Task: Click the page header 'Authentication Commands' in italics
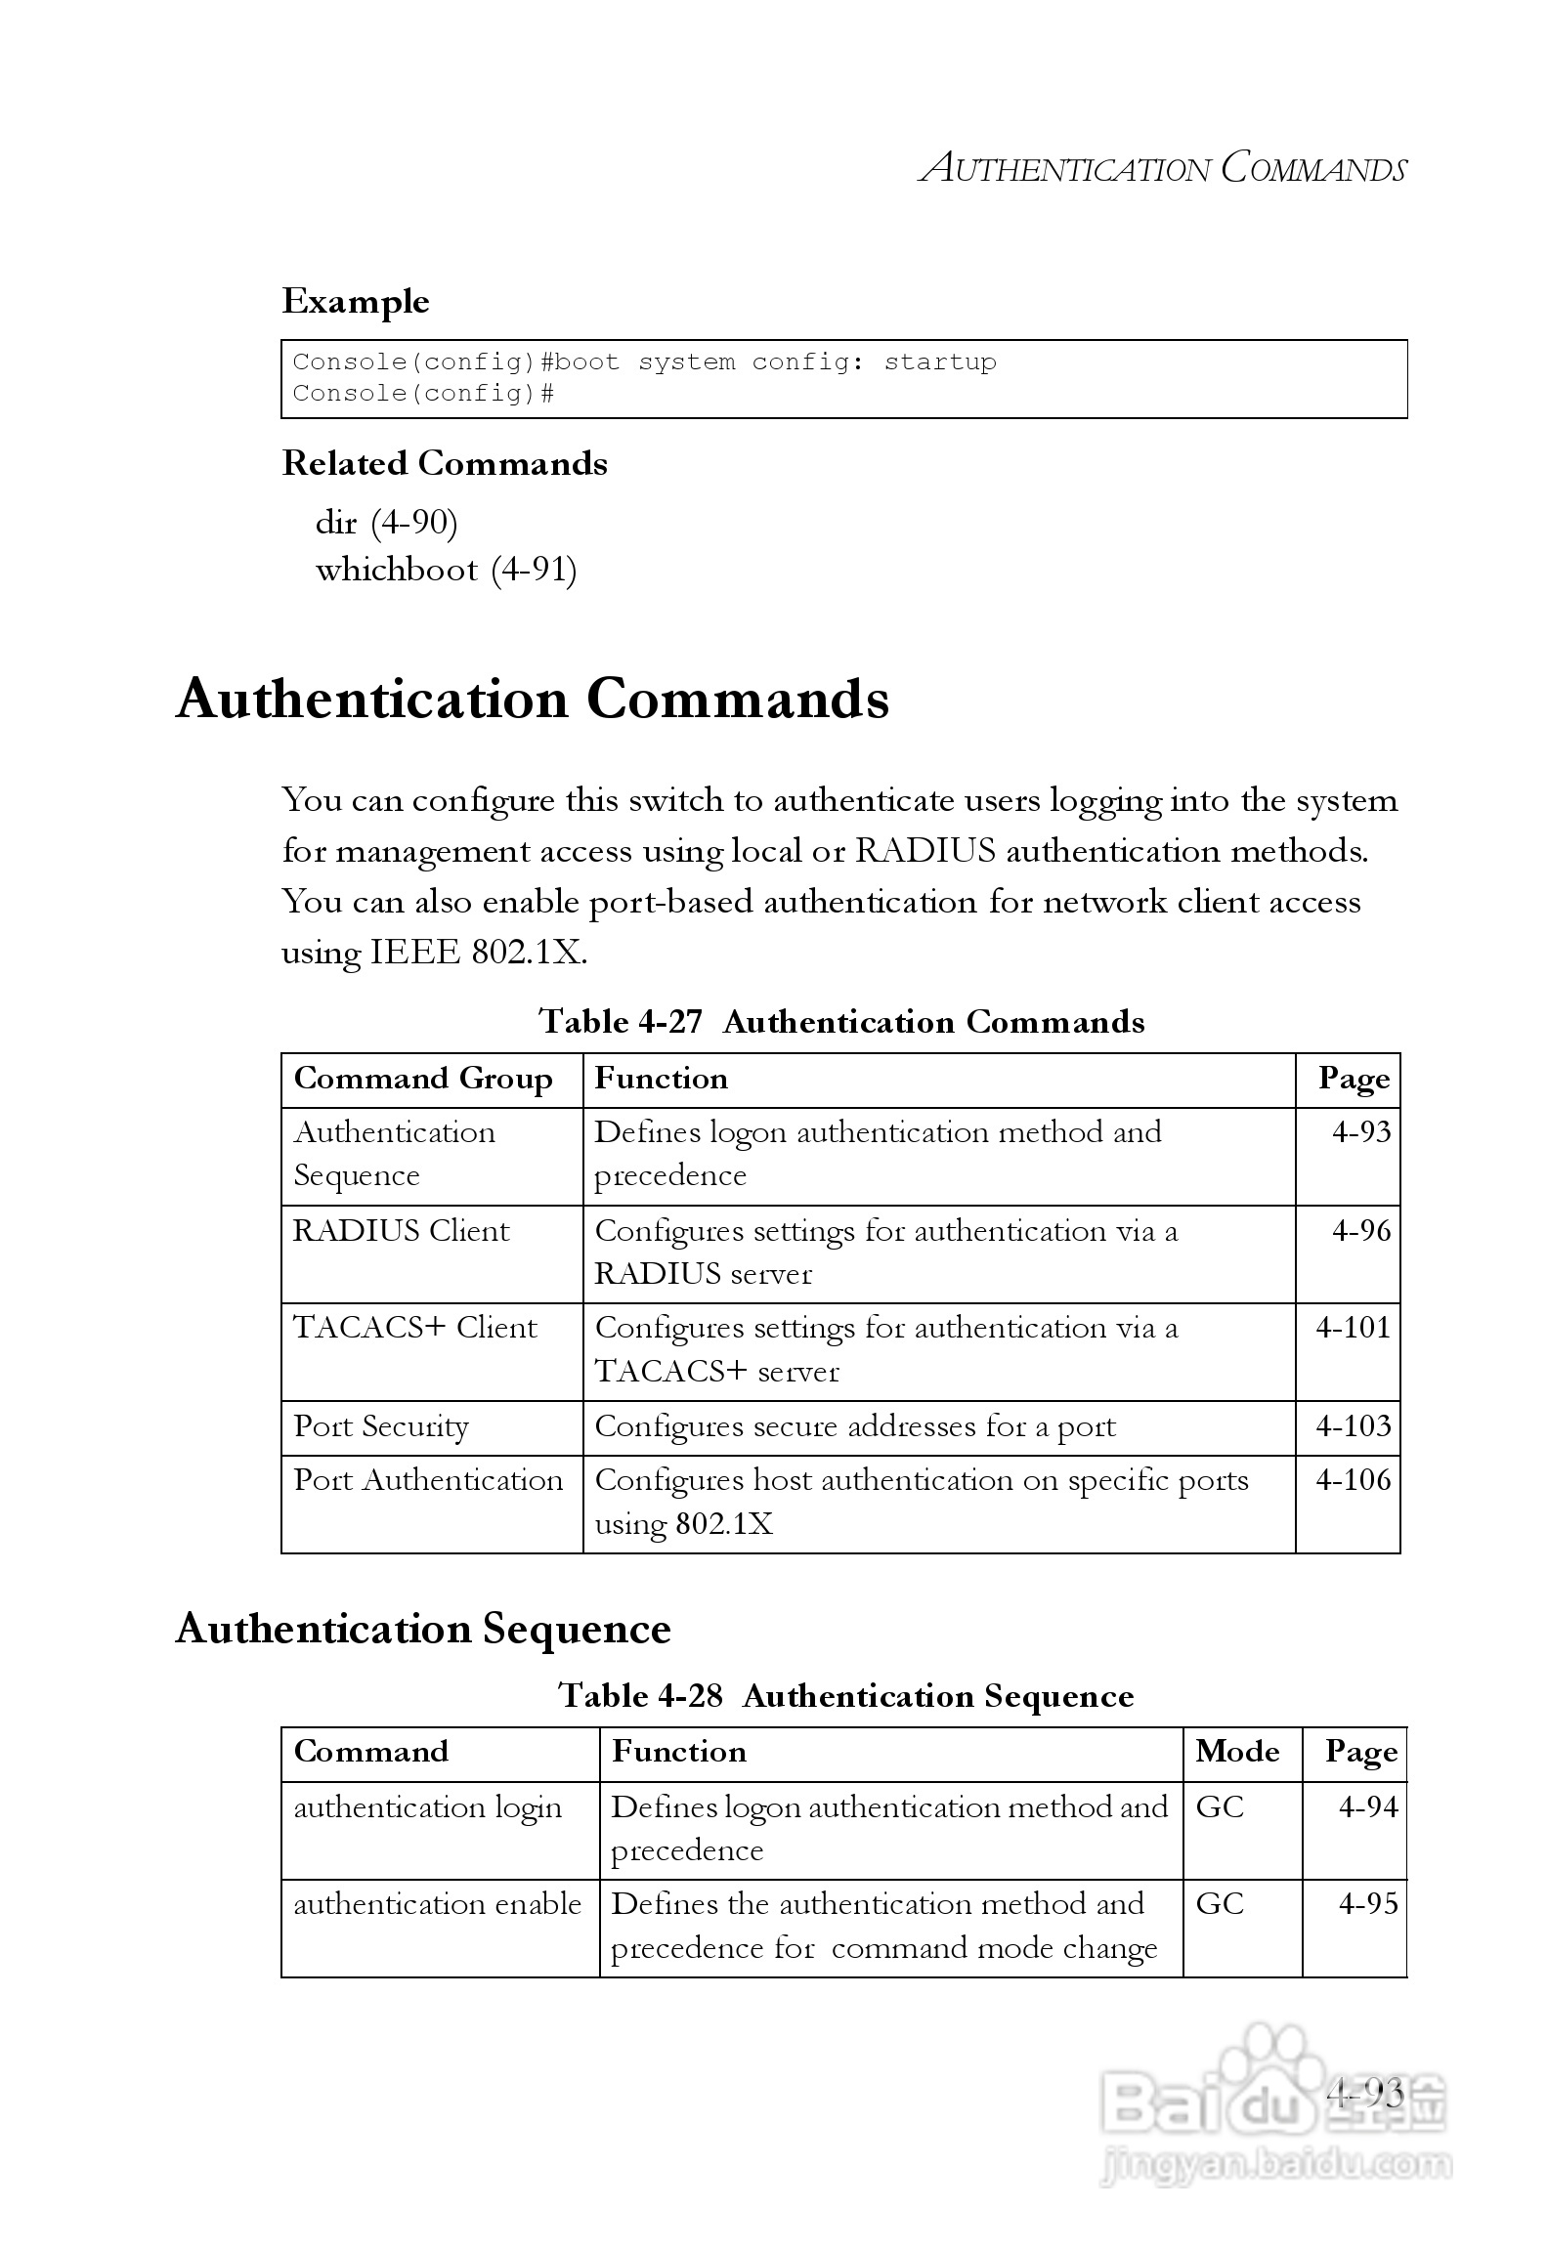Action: [x=1163, y=168]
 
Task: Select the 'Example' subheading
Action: [x=356, y=302]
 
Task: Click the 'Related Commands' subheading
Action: [x=445, y=463]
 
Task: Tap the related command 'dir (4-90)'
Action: [x=386, y=523]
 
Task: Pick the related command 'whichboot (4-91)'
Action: [x=446, y=570]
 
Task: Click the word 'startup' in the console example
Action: [x=940, y=362]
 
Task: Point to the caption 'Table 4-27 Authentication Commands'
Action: [x=841, y=1022]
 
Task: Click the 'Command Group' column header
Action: [x=423, y=1079]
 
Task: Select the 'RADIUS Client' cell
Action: [x=401, y=1231]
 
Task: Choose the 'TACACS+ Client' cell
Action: [x=415, y=1328]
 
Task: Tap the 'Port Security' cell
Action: [x=381, y=1426]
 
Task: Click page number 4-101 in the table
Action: [x=1353, y=1328]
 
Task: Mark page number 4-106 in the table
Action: [x=1353, y=1480]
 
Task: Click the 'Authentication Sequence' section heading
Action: [x=423, y=1630]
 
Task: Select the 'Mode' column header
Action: [x=1237, y=1752]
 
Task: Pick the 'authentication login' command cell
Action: [x=428, y=1807]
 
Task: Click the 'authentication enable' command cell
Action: [x=437, y=1904]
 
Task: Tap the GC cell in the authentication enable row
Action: [x=1220, y=1904]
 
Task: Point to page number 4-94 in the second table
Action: [x=1368, y=1807]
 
